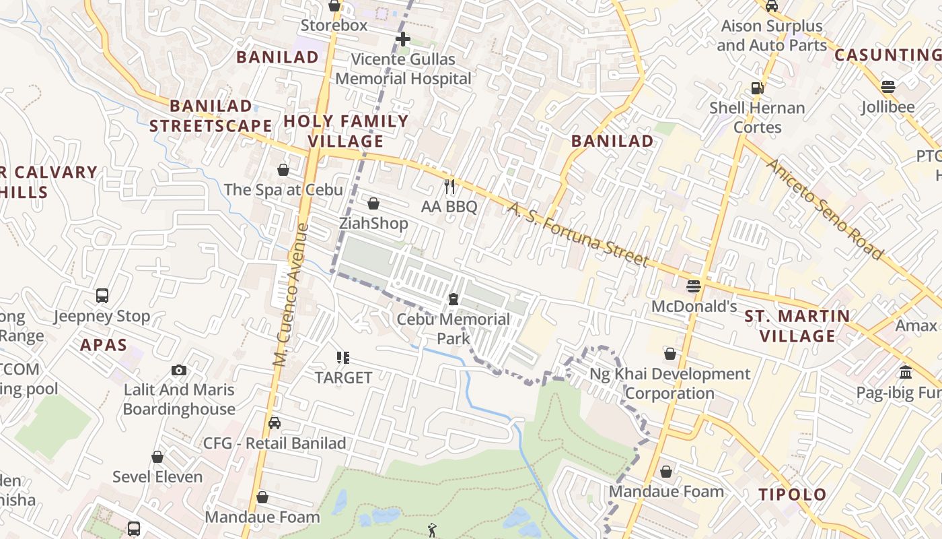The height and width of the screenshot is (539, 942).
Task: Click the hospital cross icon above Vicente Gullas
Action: pyautogui.click(x=403, y=39)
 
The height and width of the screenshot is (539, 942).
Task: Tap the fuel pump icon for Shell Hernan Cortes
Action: pyautogui.click(x=758, y=88)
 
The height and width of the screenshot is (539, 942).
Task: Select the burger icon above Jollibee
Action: pyautogui.click(x=888, y=87)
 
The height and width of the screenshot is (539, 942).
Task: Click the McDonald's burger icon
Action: pyautogui.click(x=694, y=286)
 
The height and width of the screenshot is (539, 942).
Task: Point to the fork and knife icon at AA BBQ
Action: pyautogui.click(x=449, y=187)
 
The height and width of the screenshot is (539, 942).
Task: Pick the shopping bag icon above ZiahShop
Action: pyautogui.click(x=373, y=203)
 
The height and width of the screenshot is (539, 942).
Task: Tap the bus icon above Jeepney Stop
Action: pyautogui.click(x=102, y=295)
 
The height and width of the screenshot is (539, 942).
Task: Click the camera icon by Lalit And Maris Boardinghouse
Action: pyautogui.click(x=179, y=370)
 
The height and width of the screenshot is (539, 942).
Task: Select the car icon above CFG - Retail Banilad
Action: pyautogui.click(x=275, y=423)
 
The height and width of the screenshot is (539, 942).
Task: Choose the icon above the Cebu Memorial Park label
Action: pyautogui.click(x=454, y=298)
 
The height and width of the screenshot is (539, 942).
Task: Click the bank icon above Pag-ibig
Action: pyautogui.click(x=906, y=373)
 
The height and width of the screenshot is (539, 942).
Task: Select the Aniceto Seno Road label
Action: pyautogui.click(x=824, y=210)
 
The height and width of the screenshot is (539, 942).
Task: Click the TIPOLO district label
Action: pyautogui.click(x=793, y=495)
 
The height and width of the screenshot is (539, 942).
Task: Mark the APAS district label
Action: pyautogui.click(x=104, y=346)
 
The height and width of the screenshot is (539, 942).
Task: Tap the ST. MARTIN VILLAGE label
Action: pyautogui.click(x=797, y=325)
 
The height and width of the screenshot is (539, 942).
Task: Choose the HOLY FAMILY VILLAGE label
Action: pyautogui.click(x=346, y=131)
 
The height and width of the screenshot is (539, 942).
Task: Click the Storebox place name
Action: pyautogui.click(x=334, y=26)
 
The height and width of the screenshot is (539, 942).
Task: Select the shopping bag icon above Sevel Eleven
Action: pyautogui.click(x=157, y=457)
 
